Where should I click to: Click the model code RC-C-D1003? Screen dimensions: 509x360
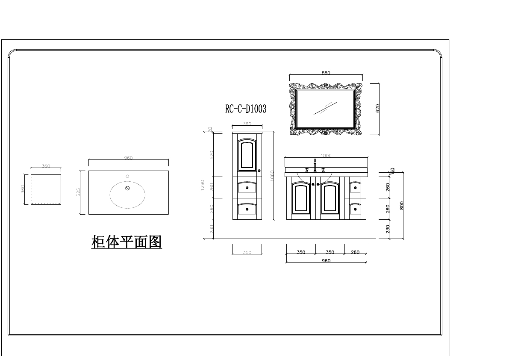pyautogui.click(x=246, y=109)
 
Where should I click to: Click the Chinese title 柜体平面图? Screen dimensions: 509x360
pyautogui.click(x=127, y=242)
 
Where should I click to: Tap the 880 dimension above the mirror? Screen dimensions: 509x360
pyautogui.click(x=326, y=73)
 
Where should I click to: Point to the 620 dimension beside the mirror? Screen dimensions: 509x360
pyautogui.click(x=377, y=109)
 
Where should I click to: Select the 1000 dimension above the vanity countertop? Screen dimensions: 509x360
pyautogui.click(x=326, y=156)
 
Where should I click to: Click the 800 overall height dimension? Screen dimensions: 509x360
pyautogui.click(x=401, y=205)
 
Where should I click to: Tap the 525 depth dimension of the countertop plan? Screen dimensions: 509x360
pyautogui.click(x=78, y=192)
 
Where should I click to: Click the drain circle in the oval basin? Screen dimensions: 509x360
pyautogui.click(x=127, y=188)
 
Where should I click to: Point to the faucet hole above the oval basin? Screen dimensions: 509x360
pyautogui.click(x=127, y=176)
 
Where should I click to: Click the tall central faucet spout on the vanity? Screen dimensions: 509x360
pyautogui.click(x=315, y=165)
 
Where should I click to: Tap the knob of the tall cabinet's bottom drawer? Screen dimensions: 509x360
pyautogui.click(x=247, y=209)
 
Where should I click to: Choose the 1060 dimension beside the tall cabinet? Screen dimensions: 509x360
pyautogui.click(x=272, y=175)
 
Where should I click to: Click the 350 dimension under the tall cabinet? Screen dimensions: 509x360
pyautogui.click(x=247, y=253)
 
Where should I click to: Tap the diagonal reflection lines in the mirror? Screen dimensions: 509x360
pyautogui.click(x=326, y=108)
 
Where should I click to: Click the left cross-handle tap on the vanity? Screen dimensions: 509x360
pyautogui.click(x=306, y=170)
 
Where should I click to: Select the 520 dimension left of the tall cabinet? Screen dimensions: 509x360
pyautogui.click(x=212, y=154)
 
